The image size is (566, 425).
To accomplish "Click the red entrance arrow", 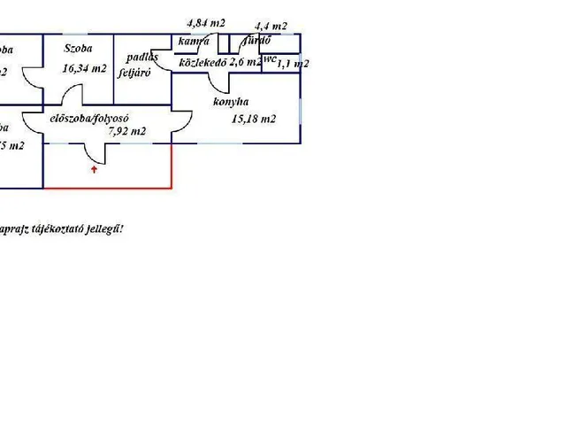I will pos(94,170).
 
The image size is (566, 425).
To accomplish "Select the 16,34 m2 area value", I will pos(84,68).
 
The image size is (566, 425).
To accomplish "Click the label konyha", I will pos(232,102).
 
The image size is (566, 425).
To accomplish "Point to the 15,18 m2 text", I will pos(254,120).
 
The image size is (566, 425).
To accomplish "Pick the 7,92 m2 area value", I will pos(126,131).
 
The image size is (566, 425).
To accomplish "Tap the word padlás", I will pos(142,58).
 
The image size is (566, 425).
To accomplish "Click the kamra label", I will pos(193,42).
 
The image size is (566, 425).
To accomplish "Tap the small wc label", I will pos(270,58).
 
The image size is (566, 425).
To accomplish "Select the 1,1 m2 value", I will pos(293,64).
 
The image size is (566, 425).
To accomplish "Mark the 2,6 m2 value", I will pos(245,63).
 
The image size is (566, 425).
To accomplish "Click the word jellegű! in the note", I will pos(104,228).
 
